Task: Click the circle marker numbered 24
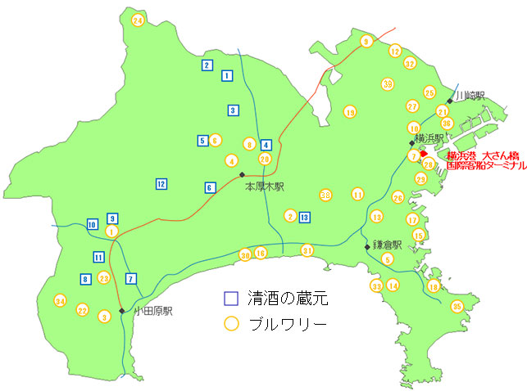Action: [138, 20]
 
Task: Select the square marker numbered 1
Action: [227, 76]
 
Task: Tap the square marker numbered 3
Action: [234, 110]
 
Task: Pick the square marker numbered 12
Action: [161, 184]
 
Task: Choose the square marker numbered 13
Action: [305, 217]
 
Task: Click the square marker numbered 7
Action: [131, 278]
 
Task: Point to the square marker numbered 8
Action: [85, 280]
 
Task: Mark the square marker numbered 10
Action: [93, 224]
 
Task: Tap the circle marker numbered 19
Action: [350, 112]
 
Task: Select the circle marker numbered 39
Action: [387, 83]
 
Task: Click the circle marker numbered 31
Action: [307, 250]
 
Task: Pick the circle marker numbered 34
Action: [60, 301]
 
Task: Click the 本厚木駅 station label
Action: [264, 187]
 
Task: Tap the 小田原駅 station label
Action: [153, 311]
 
